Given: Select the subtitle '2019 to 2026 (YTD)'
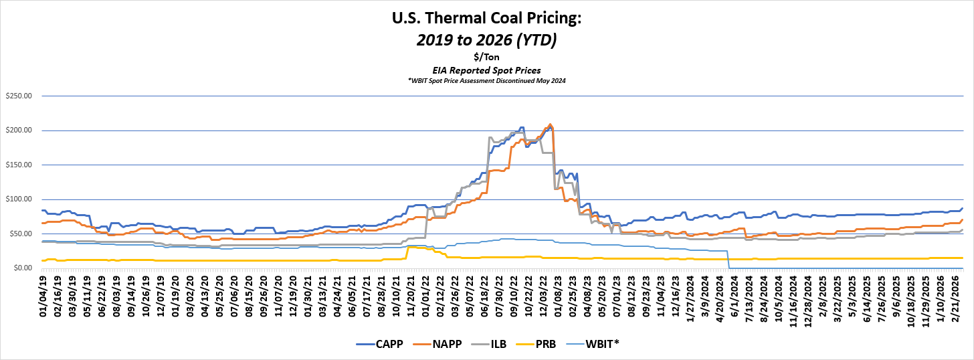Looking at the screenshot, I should tap(486, 40).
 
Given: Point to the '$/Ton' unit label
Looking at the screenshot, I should tap(486, 58).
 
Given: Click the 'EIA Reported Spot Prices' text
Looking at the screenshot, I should tap(486, 70).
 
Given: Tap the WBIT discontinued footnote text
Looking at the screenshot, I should tap(486, 80).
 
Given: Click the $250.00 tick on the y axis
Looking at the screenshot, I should tap(19, 96).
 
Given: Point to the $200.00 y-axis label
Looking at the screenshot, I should tap(19, 130).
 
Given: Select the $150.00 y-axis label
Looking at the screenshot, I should tap(19, 165).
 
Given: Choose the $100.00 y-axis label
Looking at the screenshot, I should tap(19, 199).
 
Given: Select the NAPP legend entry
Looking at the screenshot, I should tap(444, 345).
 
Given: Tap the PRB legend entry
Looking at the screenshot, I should tap(551, 345).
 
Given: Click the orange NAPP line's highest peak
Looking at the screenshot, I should tap(550, 124).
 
